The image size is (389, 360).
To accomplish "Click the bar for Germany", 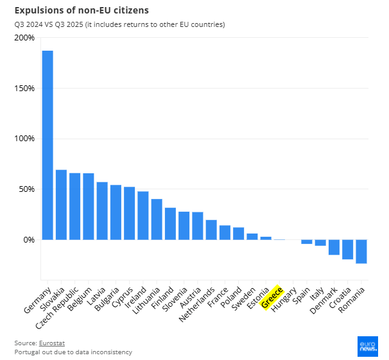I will click(48, 144).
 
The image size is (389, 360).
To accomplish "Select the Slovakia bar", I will click(61, 205).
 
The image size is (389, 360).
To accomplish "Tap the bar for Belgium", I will click(89, 206).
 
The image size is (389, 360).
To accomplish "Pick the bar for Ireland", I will click(143, 215).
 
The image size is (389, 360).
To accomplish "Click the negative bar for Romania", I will click(361, 252).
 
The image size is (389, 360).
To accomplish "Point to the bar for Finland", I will click(170, 223).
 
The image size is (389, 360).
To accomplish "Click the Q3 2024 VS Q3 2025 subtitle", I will click(119, 24).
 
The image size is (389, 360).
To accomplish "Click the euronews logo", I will click(368, 347).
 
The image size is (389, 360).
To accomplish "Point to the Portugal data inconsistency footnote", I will click(73, 352).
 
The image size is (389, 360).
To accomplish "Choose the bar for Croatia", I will click(347, 249).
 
